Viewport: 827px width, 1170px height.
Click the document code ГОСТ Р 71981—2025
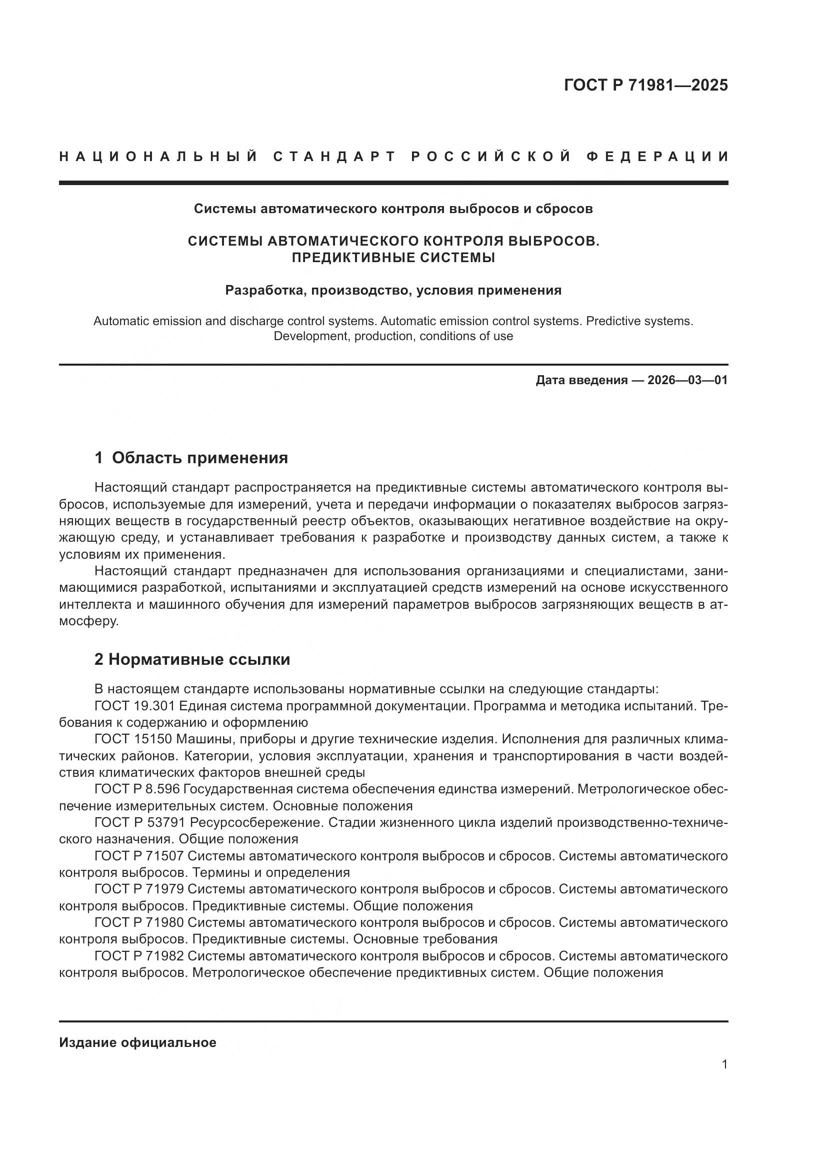645,85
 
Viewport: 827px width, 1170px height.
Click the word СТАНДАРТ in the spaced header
334,157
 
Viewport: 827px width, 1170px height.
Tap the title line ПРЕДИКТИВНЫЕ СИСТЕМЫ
393,258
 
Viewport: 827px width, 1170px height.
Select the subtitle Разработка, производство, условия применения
393,291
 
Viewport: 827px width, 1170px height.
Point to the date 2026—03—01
687,380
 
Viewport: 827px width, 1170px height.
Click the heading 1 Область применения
191,458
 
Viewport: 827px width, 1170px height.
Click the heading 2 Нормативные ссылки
192,659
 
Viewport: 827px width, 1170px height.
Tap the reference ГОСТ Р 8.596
137,789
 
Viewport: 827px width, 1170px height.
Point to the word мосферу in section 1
88,622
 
